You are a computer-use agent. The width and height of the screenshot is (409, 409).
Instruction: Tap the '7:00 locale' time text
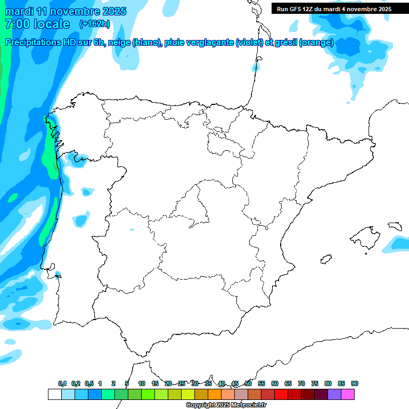(x=37, y=24)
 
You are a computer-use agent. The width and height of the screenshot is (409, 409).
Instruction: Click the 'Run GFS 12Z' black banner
(x=331, y=9)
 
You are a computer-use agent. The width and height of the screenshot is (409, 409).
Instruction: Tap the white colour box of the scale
(x=54, y=394)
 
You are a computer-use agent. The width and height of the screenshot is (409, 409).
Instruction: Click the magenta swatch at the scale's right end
(x=348, y=394)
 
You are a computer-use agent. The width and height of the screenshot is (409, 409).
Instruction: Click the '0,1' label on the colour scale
(x=62, y=383)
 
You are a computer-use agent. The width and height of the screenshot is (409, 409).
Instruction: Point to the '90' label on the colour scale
(x=355, y=383)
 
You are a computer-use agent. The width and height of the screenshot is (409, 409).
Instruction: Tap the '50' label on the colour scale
(x=248, y=383)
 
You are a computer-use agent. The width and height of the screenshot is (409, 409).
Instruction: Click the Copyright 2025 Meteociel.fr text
(x=226, y=405)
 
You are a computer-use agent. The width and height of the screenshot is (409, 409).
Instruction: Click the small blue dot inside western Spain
(x=132, y=230)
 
